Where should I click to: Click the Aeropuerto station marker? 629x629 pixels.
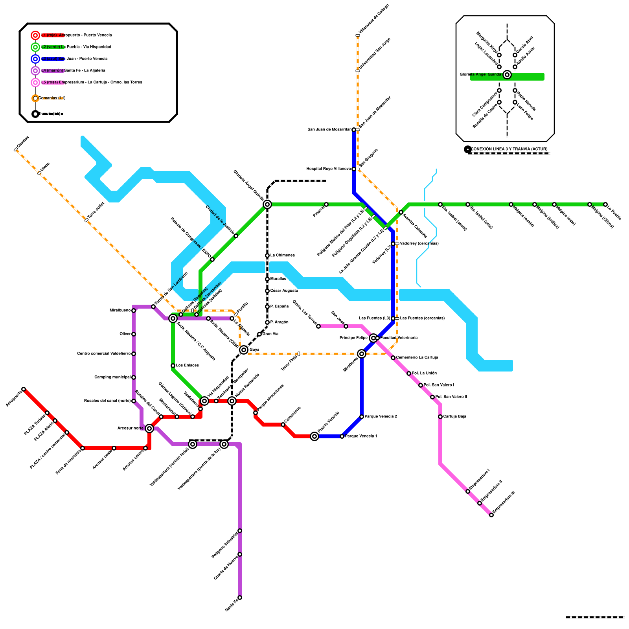coord(24,389)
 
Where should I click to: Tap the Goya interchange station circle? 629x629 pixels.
coord(244,350)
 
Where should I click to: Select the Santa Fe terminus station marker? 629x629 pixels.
coord(240,598)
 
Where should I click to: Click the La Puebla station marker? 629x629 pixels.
coord(605,204)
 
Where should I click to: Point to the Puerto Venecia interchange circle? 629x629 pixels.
coord(314,436)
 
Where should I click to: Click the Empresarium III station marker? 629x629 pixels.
coord(491,515)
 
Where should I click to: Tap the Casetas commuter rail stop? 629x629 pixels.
coord(16,149)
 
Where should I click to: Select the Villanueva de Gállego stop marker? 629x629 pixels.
coord(358,35)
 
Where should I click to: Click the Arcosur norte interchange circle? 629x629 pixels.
coord(149,429)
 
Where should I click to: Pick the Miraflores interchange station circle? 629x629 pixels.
coord(362,354)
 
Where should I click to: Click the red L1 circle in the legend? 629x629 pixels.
coord(35,35)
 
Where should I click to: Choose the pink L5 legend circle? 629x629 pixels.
coord(35,83)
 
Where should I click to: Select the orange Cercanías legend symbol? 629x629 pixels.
coord(35,98)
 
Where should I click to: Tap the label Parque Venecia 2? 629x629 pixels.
coord(381,417)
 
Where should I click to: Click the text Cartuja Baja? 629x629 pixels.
coord(454,417)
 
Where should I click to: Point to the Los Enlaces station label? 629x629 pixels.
coord(187,366)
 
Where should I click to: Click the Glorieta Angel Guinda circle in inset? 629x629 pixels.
coord(507,75)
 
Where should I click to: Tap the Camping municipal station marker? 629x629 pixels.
coord(134,377)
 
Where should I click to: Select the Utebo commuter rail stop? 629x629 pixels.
coord(39,173)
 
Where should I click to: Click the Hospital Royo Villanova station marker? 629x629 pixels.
coord(354,169)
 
